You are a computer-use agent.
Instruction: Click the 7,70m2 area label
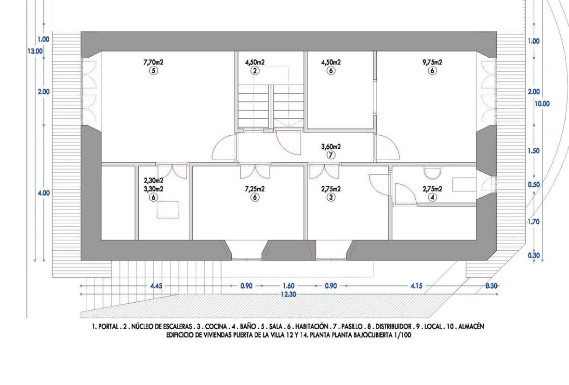pyautogui.click(x=154, y=62)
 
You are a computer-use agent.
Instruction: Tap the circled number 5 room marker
pyautogui.click(x=154, y=71)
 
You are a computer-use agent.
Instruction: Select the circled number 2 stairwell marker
pyautogui.click(x=255, y=71)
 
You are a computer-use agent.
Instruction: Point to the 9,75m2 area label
pyautogui.click(x=432, y=62)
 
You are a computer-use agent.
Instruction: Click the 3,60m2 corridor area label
pyautogui.click(x=331, y=147)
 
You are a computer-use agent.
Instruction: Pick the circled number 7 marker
pyautogui.click(x=331, y=155)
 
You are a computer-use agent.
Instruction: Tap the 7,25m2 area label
pyautogui.click(x=255, y=189)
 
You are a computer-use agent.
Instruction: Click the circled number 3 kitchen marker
pyautogui.click(x=331, y=197)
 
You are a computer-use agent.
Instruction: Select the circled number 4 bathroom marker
pyautogui.click(x=432, y=197)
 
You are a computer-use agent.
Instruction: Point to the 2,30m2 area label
pyautogui.click(x=154, y=180)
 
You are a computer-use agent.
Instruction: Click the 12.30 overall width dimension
pyautogui.click(x=289, y=295)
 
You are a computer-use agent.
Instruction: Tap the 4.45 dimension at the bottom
pyautogui.click(x=156, y=286)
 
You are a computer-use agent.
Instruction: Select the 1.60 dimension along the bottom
pyautogui.click(x=289, y=286)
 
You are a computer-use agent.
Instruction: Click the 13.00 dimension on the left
pyautogui.click(x=35, y=51)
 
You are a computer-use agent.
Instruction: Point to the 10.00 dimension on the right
pyautogui.click(x=542, y=103)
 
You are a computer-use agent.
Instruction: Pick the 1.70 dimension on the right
pyautogui.click(x=533, y=221)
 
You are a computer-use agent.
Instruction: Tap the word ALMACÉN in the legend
pyautogui.click(x=471, y=326)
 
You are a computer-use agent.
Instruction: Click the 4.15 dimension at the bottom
pyautogui.click(x=416, y=286)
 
